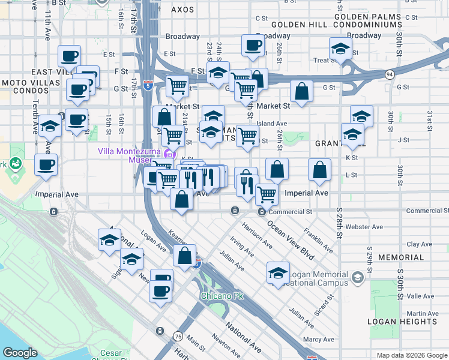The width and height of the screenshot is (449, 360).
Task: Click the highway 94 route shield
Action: (390, 74)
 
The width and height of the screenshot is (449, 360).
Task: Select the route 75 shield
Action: (178, 336)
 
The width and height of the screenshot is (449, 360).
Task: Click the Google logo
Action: (20, 353)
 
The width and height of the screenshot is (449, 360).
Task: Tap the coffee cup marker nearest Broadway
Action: (253, 44)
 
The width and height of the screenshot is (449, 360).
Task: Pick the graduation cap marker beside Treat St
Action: (340, 49)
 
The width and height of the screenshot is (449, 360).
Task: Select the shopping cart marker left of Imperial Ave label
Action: (267, 193)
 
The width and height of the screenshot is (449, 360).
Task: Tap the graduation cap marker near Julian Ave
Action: (278, 272)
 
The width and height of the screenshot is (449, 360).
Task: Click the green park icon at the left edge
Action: (15, 163)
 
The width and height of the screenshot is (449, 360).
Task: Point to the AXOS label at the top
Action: (183, 10)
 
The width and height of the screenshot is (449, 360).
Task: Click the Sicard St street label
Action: (328, 302)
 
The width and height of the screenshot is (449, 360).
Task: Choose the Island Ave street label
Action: (272, 124)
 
